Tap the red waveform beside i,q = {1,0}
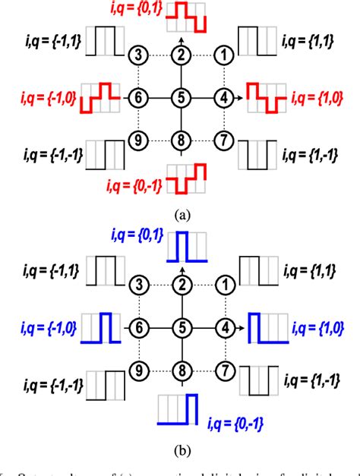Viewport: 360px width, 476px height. coord(263,99)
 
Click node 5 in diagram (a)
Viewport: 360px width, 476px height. coord(180,97)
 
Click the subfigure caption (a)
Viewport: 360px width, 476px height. coord(181,214)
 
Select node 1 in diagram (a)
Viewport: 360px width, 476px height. coord(223,55)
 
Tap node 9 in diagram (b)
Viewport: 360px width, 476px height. coord(137,371)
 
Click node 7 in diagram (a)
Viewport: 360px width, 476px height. coord(223,140)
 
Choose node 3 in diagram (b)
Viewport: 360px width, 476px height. coord(137,285)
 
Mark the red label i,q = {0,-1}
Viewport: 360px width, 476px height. coord(134,182)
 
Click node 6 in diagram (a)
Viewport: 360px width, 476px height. coord(137,97)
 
